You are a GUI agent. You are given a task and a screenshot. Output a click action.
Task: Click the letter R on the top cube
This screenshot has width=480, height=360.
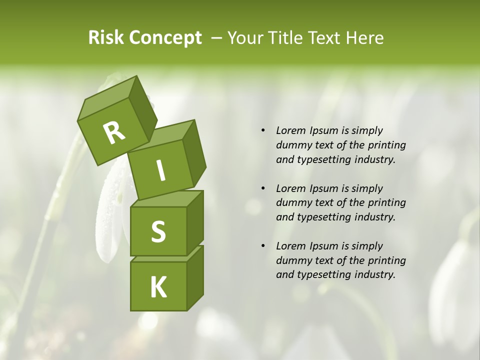(x=114, y=133)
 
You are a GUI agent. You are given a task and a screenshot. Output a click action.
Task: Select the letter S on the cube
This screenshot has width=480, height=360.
(x=158, y=232)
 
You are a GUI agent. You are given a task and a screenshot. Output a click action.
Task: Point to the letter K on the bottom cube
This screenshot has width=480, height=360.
(x=158, y=287)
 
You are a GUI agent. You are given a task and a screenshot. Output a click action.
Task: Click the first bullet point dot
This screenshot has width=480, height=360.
(x=263, y=131)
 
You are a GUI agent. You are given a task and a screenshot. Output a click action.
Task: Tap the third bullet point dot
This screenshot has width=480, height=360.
(x=263, y=246)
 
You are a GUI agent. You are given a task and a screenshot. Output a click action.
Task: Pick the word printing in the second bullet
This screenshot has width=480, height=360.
(x=386, y=203)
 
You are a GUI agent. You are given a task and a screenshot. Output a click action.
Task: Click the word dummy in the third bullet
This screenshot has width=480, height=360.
(x=291, y=260)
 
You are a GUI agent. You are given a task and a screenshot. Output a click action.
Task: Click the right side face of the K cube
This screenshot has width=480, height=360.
(x=195, y=277)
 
